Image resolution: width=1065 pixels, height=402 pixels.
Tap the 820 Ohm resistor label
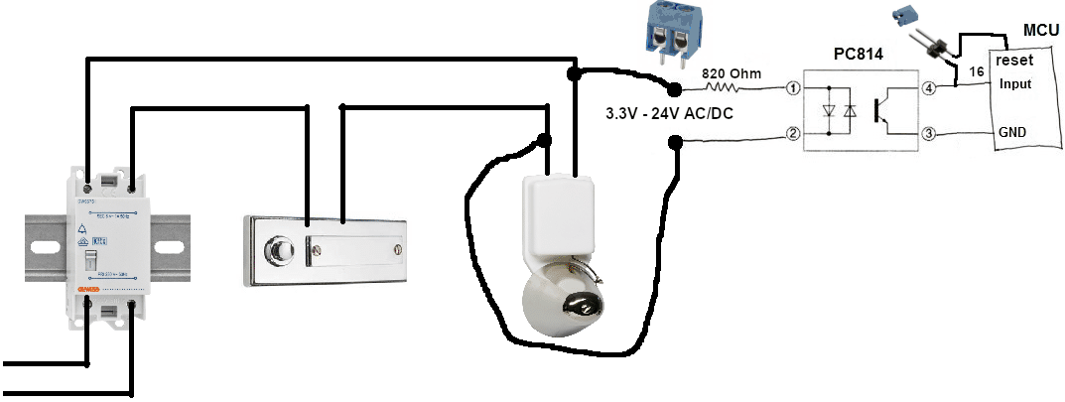pyautogui.click(x=732, y=73)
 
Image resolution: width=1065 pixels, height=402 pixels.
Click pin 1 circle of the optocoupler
pyautogui.click(x=793, y=89)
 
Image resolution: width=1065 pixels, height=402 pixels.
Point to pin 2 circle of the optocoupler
pyautogui.click(x=793, y=133)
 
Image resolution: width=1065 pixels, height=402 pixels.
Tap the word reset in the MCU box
pyautogui.click(x=1014, y=61)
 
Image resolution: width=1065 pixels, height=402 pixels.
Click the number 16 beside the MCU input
pyautogui.click(x=977, y=73)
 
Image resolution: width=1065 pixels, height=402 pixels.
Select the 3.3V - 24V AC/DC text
pyautogui.click(x=670, y=114)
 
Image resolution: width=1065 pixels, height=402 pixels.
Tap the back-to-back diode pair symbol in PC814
pyautogui.click(x=838, y=111)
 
